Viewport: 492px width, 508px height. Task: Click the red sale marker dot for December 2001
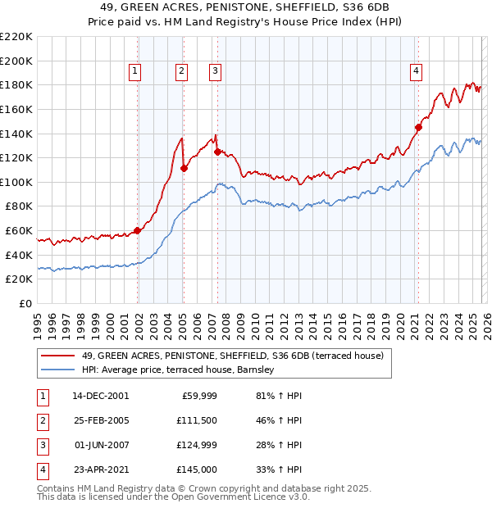[138, 230]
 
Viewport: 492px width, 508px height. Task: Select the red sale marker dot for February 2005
[184, 168]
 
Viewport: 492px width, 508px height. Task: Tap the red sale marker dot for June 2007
[217, 152]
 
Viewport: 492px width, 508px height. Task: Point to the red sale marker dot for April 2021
[417, 127]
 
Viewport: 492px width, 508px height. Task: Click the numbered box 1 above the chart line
[134, 71]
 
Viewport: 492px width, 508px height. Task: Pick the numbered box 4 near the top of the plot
[417, 71]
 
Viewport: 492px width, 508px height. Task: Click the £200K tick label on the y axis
[16, 61]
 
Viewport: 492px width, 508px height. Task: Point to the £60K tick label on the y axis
[20, 231]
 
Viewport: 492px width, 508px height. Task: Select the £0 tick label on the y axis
[26, 304]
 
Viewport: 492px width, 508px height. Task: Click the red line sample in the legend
[57, 356]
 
